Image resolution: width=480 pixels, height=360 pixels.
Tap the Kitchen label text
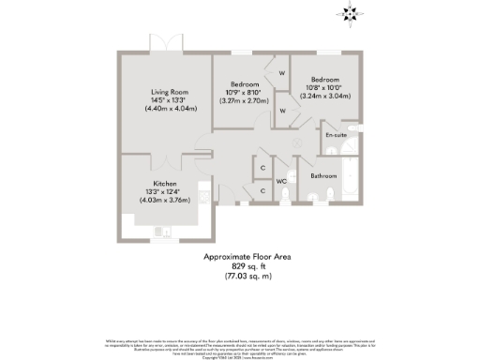point(167,184)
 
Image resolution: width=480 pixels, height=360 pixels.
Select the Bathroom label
point(324,175)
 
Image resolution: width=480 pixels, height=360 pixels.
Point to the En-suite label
point(336,136)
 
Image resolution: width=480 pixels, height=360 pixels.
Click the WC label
point(280,181)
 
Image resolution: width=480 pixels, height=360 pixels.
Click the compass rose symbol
point(352,13)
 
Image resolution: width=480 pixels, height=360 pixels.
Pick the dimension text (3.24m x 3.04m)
point(325,96)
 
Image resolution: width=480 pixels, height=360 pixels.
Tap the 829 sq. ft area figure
point(238,266)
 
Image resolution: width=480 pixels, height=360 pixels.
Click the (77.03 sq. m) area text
point(238,276)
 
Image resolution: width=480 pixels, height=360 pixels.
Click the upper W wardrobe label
point(281,72)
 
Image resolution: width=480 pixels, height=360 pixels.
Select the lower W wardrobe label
point(282,111)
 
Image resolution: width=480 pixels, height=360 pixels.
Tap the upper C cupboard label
point(262,168)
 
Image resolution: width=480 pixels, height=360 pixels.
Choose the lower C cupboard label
point(262,190)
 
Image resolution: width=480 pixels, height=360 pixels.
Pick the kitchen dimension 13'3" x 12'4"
point(167,192)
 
